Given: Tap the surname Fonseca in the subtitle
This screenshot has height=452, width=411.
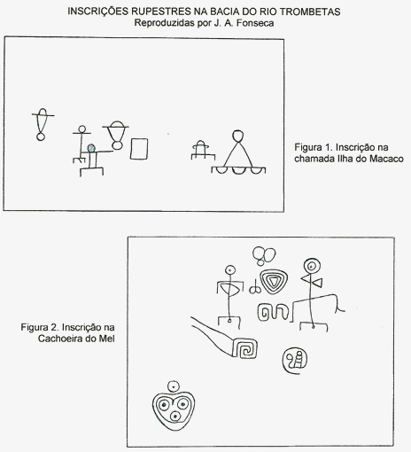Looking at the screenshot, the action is tap(255, 23).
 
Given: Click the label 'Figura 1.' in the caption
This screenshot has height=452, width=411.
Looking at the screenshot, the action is tap(314, 147).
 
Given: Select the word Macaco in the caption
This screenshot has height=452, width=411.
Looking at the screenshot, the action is tap(386, 159).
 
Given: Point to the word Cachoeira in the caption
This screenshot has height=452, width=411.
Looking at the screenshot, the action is tap(60, 339).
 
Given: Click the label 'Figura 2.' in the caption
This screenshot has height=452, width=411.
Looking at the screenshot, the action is tap(40, 327).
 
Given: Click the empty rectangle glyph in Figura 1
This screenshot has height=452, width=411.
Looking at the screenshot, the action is tap(139, 149).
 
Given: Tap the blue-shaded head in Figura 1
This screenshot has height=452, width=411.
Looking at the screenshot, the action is tap(91, 148).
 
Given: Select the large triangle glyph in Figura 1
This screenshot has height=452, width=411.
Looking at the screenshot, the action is tap(238, 154).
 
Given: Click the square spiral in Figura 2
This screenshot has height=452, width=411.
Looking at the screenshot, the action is tap(244, 348).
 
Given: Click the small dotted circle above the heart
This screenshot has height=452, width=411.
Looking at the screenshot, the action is tap(174, 386).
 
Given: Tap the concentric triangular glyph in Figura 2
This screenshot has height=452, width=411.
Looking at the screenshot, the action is tap(274, 281).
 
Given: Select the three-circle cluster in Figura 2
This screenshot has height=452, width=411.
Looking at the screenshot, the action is tap(264, 256).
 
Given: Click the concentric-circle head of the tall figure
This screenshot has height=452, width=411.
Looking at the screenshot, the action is tap(312, 267).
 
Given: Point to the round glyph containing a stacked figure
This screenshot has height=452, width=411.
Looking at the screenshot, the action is tap(295, 361).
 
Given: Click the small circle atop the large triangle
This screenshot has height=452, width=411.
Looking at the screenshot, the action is tap(238, 136).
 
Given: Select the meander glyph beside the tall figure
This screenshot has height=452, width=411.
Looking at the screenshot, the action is tap(273, 312).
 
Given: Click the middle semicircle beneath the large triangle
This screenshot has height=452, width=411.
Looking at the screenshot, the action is tap(238, 170).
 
